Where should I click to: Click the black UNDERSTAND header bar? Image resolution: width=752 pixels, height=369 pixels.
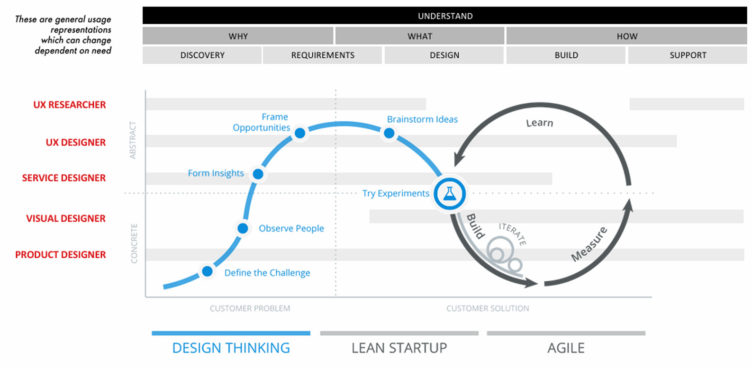tap(445, 16)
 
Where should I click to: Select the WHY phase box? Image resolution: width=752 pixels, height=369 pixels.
tap(238, 36)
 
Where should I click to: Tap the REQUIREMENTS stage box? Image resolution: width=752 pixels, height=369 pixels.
tap(322, 55)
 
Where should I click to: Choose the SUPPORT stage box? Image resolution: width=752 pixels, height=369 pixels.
tap(688, 55)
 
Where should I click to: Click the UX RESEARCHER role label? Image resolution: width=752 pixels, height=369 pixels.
tap(70, 105)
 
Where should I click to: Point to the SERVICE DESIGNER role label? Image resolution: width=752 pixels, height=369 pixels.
tap(64, 178)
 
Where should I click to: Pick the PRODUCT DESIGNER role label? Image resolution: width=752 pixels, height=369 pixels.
tap(61, 255)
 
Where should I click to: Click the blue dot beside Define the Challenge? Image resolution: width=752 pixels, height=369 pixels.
tap(207, 271)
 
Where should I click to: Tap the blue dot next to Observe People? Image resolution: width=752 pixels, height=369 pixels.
tap(243, 228)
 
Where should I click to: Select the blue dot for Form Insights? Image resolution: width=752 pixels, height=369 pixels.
tap(258, 174)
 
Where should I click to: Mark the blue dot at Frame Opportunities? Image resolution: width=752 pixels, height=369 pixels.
tap(300, 133)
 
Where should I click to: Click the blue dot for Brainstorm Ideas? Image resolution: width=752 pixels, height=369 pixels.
tap(389, 133)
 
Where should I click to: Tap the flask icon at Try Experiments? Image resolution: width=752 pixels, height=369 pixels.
tap(450, 194)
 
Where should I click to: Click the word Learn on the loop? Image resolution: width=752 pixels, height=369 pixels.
tap(540, 123)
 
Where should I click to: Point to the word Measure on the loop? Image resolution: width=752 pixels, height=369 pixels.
tap(589, 244)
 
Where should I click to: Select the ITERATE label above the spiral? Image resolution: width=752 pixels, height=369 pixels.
tap(513, 234)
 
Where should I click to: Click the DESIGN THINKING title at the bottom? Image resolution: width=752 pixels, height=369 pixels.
tap(231, 348)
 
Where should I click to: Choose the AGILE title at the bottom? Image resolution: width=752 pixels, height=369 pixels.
tap(566, 348)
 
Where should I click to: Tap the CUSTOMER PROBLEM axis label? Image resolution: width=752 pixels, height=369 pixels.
tap(250, 308)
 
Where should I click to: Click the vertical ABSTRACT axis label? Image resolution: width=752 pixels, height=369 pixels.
tap(133, 140)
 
